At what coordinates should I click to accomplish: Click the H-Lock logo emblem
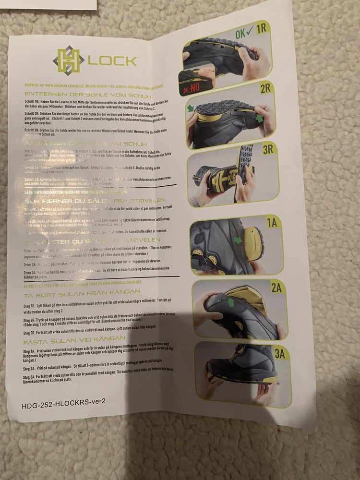[68, 59]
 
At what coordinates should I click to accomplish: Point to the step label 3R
[268, 149]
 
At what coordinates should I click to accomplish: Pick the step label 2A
[276, 288]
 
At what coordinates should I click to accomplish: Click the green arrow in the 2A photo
[231, 301]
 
